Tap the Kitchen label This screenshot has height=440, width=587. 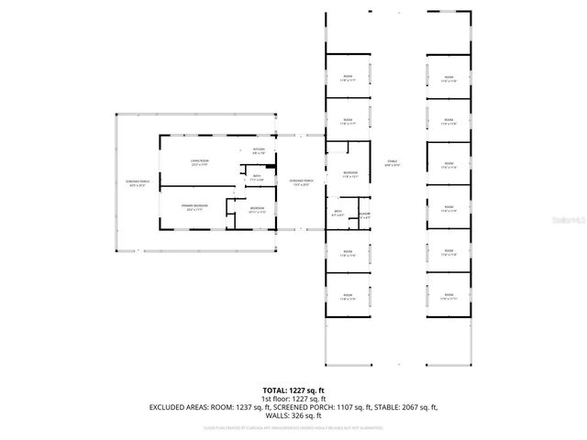259,151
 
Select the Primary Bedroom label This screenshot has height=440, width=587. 194,207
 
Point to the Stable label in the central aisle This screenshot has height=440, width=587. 393,163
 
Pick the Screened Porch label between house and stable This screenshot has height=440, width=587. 301,182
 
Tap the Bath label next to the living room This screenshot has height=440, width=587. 257,179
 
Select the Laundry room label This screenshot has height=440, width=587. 364,215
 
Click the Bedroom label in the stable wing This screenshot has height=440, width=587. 349,175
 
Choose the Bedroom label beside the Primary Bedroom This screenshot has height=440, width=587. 258,210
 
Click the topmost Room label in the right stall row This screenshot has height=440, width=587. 449,80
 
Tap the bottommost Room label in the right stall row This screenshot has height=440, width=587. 449,296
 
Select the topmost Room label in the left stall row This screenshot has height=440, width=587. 348,79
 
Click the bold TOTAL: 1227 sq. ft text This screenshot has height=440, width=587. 293,390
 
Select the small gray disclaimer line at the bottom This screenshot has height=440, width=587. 293,428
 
